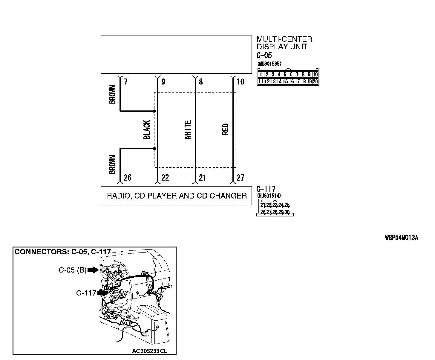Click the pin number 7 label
(x=126, y=81)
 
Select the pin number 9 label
(x=163, y=81)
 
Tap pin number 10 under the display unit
(x=240, y=81)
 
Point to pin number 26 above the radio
(x=127, y=178)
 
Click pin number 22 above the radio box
(x=165, y=178)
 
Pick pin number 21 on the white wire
(x=202, y=178)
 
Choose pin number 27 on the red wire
(x=240, y=178)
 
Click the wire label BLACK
(x=147, y=130)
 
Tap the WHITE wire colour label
(x=188, y=130)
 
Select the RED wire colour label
(x=226, y=129)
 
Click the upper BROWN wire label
(x=113, y=95)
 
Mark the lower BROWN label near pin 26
(x=113, y=164)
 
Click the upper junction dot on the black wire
(x=154, y=111)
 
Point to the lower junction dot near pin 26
(x=154, y=149)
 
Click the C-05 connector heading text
(x=264, y=55)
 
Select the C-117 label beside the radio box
(x=266, y=189)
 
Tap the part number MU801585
(x=269, y=64)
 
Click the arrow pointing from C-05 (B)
(x=93, y=270)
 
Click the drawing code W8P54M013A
(x=401, y=238)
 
